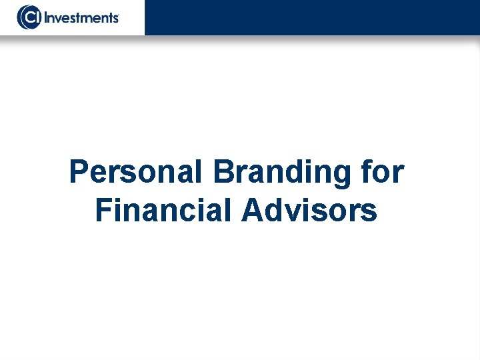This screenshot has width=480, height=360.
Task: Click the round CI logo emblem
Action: pyautogui.click(x=29, y=17)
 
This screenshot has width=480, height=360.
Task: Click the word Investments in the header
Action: pyautogui.click(x=81, y=17)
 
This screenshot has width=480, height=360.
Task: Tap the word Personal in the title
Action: pyautogui.click(x=135, y=172)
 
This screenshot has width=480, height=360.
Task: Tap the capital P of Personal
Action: pyautogui.click(x=79, y=172)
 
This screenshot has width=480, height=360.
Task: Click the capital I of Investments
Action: pyautogui.click(x=47, y=17)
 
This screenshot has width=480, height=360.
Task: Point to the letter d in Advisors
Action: pyautogui.click(x=274, y=211)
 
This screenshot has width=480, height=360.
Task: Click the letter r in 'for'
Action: pyautogui.click(x=397, y=175)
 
